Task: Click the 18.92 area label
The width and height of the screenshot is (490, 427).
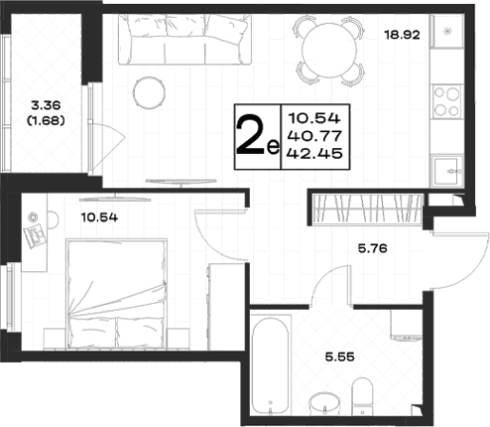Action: (x=402, y=35)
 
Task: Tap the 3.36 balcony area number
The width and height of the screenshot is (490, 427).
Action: (x=46, y=105)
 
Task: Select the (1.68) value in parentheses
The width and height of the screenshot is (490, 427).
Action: (x=46, y=121)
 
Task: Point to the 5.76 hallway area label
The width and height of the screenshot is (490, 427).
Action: (x=373, y=248)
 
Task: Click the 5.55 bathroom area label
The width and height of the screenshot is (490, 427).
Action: (x=340, y=356)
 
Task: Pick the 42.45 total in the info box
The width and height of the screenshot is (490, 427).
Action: (x=314, y=153)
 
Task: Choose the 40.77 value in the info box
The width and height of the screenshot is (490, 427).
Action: (x=314, y=135)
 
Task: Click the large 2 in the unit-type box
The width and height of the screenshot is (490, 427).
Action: (x=250, y=136)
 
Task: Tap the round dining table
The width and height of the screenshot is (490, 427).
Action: (x=329, y=51)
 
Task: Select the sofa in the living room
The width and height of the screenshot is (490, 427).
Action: (x=184, y=39)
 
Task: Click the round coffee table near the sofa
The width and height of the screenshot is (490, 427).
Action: (x=149, y=92)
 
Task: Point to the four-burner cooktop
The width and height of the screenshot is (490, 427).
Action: (x=446, y=101)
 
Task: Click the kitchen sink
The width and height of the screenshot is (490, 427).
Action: (x=446, y=171)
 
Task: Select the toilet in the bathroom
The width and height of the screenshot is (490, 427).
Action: (x=362, y=396)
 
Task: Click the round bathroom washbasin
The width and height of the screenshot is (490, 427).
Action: (x=324, y=404)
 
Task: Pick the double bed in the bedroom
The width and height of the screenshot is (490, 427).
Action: (x=116, y=294)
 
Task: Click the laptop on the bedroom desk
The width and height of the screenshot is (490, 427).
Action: (x=34, y=236)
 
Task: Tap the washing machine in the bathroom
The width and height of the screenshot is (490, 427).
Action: (x=407, y=325)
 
